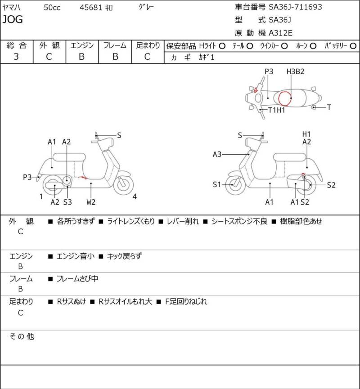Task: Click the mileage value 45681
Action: (x=90, y=7)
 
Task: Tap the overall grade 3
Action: (x=16, y=56)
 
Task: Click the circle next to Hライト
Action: (x=222, y=46)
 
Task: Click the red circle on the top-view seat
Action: (x=285, y=98)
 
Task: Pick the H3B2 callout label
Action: (x=296, y=72)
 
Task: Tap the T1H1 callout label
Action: (x=277, y=110)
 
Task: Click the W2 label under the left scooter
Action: (x=91, y=202)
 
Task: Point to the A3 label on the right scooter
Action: (x=217, y=154)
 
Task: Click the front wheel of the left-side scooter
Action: (x=124, y=184)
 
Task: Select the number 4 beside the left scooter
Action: (x=135, y=196)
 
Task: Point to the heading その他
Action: (x=22, y=336)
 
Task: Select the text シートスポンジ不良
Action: (x=239, y=221)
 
